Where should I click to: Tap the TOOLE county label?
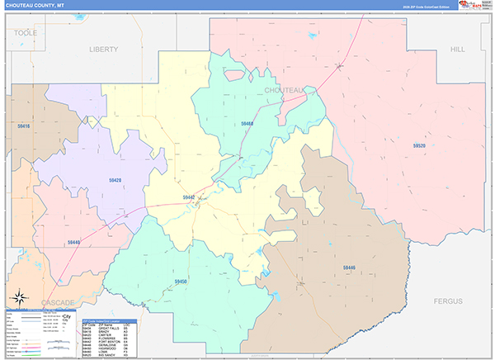click(26, 31)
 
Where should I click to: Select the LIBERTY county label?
click(104, 49)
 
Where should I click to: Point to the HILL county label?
click(458, 50)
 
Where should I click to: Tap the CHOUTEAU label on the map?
click(285, 89)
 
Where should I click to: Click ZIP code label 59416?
click(22, 126)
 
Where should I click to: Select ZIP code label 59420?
click(115, 179)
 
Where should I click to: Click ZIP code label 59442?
click(189, 197)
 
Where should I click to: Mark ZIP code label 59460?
click(247, 123)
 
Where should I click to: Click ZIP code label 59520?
click(419, 145)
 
